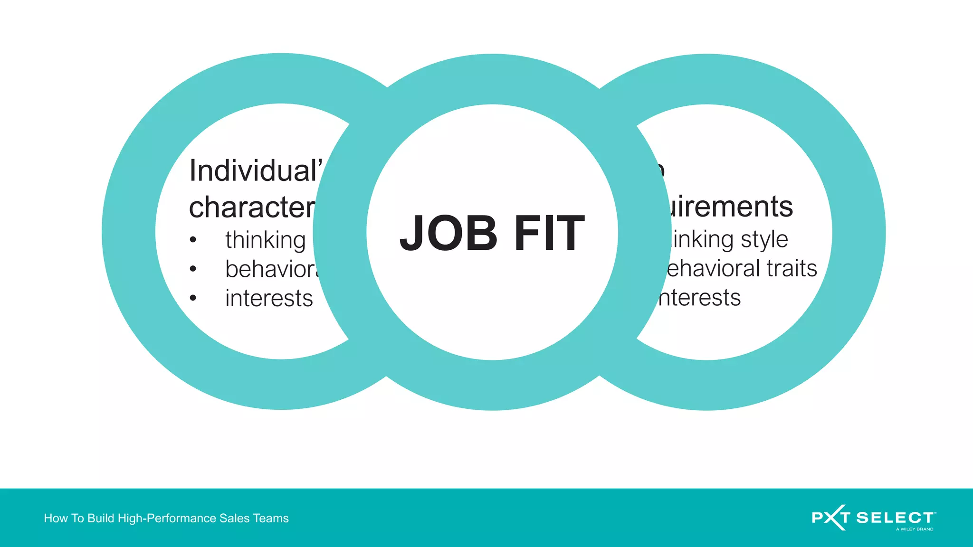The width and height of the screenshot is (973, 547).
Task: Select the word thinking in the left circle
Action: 265,240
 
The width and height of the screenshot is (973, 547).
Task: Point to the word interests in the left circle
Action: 269,298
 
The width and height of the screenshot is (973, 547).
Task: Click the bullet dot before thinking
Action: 193,240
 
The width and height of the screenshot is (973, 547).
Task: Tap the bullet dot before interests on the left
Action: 193,298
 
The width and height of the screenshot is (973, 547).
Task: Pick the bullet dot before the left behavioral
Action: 193,269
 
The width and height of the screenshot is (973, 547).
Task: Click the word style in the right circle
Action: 764,239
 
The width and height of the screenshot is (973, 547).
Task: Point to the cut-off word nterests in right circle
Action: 699,298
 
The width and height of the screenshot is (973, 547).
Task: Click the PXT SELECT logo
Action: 873,517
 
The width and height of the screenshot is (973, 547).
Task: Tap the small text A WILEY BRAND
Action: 915,529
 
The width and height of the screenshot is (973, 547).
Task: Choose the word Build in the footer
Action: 101,518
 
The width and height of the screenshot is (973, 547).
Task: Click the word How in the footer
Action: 56,518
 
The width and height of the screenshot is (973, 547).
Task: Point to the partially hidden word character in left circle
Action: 252,207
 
